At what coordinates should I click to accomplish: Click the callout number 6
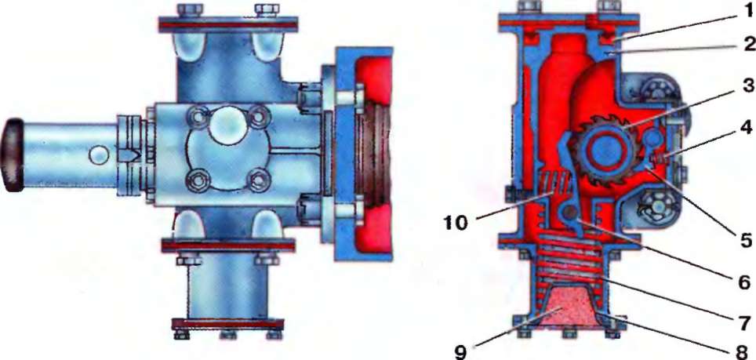click(743, 282)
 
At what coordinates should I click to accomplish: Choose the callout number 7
click(743, 321)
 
